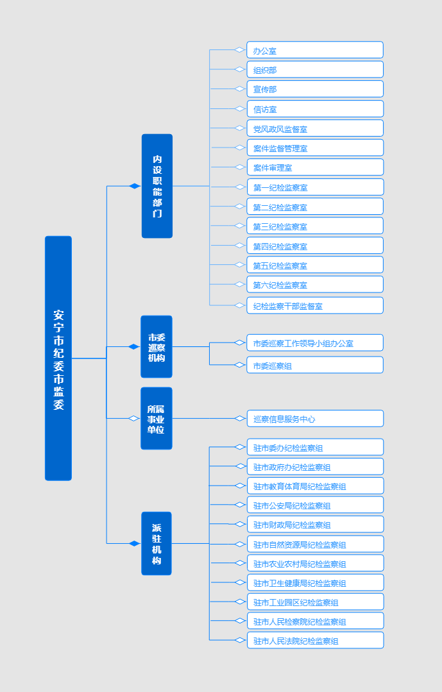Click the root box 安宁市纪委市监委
58,358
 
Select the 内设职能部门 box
157,186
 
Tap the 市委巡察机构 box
157,346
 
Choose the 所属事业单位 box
157,418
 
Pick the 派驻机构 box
157,543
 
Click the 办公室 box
315,50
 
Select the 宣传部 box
315,89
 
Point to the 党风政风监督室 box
315,128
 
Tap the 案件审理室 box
315,167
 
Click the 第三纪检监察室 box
315,226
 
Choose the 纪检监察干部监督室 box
315,305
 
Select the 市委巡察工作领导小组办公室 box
315,342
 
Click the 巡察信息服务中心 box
315,418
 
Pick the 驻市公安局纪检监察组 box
315,505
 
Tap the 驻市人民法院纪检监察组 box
315,640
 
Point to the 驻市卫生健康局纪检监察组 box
315,582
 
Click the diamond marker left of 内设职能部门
135,186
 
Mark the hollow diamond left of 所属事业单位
134,418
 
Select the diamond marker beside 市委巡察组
240,364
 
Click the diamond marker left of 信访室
240,108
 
